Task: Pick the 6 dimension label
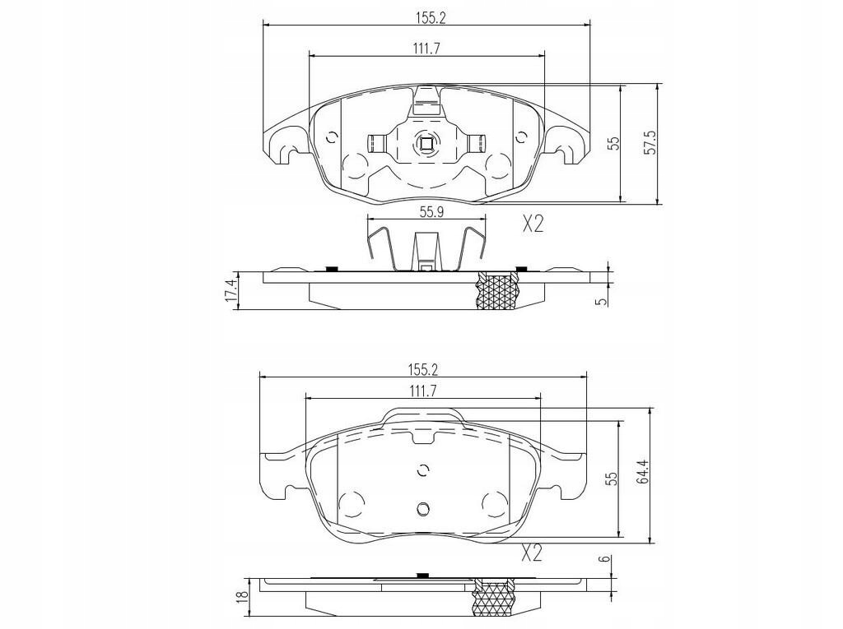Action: click(605, 558)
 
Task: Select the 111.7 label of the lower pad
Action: click(423, 391)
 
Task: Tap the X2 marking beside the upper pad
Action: click(533, 224)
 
